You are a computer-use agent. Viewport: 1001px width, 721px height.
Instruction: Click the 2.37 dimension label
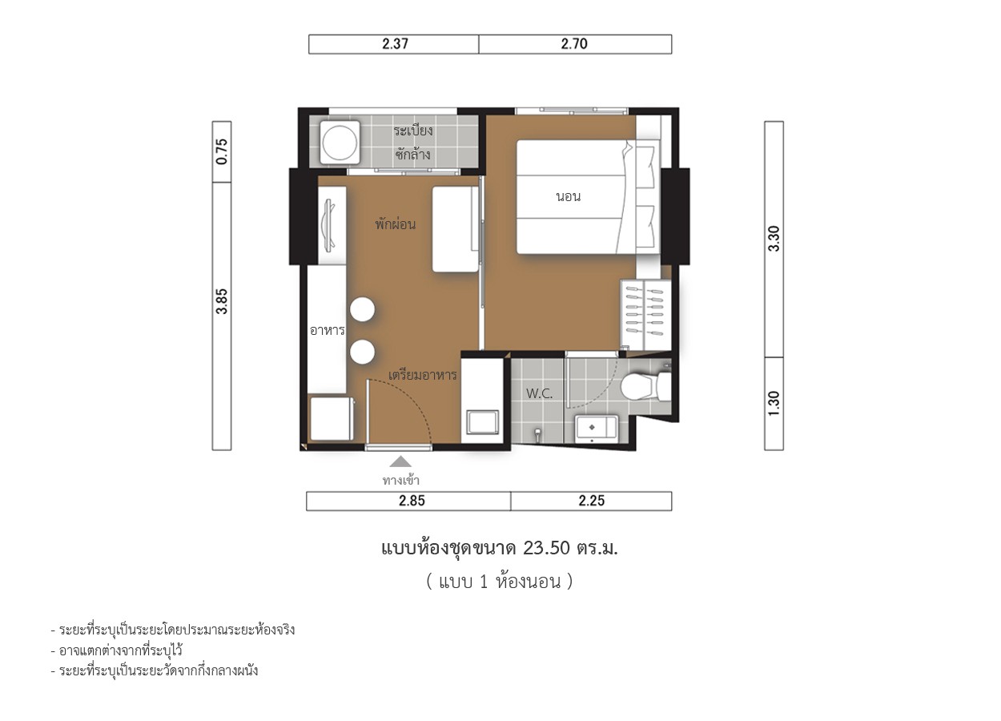coord(395,44)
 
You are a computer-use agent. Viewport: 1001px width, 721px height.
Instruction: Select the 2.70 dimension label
coord(574,44)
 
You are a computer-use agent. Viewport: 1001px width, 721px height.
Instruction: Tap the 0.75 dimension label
coord(222,151)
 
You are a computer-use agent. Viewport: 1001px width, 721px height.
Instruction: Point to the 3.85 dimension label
coord(222,301)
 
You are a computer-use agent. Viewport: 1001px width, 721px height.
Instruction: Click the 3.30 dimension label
coord(774,239)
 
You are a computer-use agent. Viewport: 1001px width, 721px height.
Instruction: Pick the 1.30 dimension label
coord(774,403)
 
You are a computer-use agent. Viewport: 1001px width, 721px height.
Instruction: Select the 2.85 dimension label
coord(412,501)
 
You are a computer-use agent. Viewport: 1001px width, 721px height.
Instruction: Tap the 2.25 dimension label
coord(592,501)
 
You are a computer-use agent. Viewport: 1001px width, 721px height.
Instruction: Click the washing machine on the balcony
coord(340,142)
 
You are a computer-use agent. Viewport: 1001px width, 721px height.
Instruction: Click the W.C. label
coord(540,394)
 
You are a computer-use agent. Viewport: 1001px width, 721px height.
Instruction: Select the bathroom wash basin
coord(597,429)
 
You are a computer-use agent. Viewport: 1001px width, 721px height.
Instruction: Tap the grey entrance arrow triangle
coord(400,461)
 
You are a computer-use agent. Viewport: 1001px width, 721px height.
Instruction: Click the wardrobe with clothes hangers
coord(645,315)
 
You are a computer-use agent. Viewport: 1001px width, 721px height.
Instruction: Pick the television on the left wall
coord(330,224)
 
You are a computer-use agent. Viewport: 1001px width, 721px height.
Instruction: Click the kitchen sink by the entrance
coord(483,422)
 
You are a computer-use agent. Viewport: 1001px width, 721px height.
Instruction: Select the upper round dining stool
coord(363,309)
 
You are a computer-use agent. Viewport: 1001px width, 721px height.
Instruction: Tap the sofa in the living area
coord(456,229)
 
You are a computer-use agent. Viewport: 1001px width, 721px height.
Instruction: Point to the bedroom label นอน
coord(569,197)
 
